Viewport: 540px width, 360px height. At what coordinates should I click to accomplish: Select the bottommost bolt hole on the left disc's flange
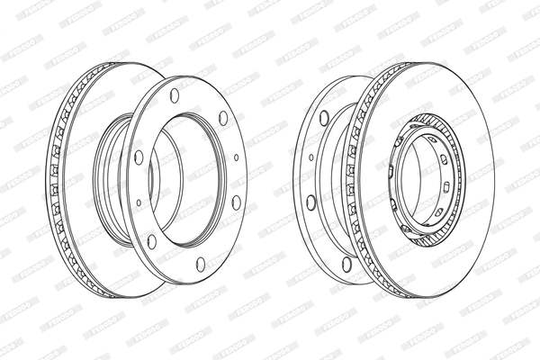[201, 264]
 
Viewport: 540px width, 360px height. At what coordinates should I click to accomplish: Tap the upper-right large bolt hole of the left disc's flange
[223, 117]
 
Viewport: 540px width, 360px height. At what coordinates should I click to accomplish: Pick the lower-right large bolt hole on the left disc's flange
[236, 202]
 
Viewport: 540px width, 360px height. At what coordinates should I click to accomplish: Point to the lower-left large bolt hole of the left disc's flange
[151, 240]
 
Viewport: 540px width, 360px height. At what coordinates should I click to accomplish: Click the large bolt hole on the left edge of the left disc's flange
[139, 157]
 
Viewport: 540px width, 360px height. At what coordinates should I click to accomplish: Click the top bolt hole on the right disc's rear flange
[324, 117]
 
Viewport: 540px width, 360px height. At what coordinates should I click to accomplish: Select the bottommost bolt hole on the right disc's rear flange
[346, 264]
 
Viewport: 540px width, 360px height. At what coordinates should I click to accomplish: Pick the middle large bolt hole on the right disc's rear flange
[311, 202]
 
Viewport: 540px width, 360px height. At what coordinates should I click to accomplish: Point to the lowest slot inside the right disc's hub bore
[438, 211]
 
